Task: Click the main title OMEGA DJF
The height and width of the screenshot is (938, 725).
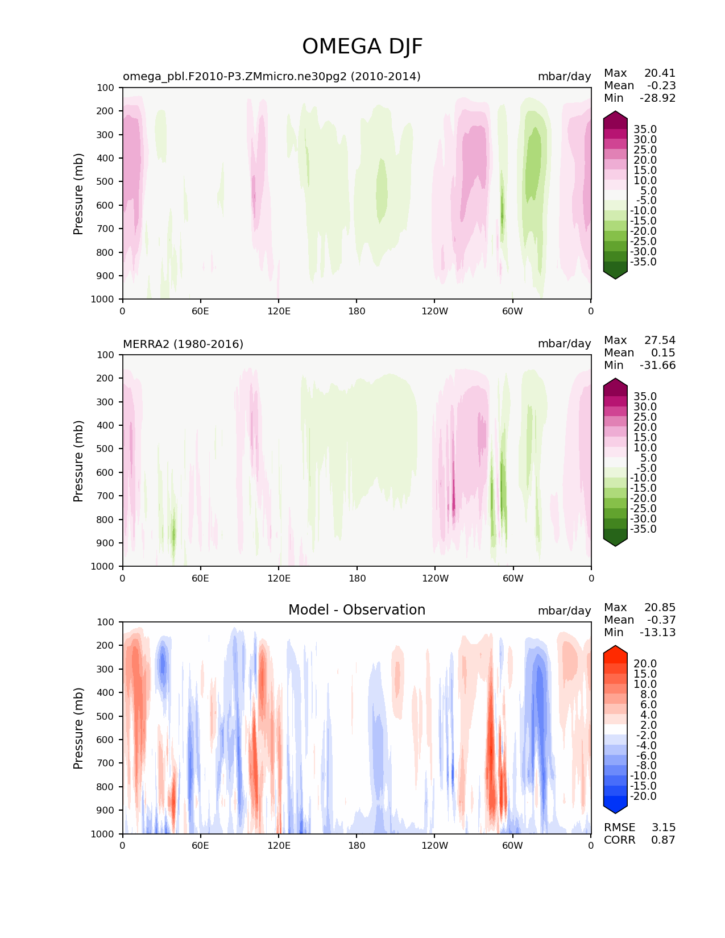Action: coord(362,47)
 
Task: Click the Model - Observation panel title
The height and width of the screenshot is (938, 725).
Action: coord(357,609)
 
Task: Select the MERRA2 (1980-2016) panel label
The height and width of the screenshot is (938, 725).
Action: coord(183,344)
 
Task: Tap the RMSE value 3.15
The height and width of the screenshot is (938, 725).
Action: coord(663,827)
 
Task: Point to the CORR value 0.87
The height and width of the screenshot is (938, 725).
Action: coord(663,840)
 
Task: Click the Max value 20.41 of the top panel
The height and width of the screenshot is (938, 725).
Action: coord(660,73)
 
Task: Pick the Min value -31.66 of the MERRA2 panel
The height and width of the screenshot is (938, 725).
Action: coord(658,365)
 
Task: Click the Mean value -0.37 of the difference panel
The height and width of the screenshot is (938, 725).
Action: coord(661,620)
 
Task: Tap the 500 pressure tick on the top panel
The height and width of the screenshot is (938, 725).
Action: coord(105,182)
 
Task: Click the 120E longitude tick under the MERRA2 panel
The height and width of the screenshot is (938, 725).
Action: coord(279,578)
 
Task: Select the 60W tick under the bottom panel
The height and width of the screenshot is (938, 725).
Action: coord(512,845)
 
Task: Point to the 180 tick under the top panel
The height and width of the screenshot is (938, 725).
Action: coord(357,311)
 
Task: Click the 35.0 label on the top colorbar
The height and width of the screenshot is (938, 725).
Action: coord(645,129)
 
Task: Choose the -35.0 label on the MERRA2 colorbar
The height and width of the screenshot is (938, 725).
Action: coord(643,529)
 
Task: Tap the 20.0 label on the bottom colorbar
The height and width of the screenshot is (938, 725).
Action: coord(645,663)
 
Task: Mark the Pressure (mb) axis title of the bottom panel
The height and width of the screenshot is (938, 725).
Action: coord(78,728)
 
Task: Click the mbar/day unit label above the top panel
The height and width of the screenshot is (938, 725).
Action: coord(565,76)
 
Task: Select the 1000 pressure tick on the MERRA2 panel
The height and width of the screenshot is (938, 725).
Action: coord(102,566)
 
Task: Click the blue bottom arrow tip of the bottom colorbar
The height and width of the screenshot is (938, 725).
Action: coord(615,814)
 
